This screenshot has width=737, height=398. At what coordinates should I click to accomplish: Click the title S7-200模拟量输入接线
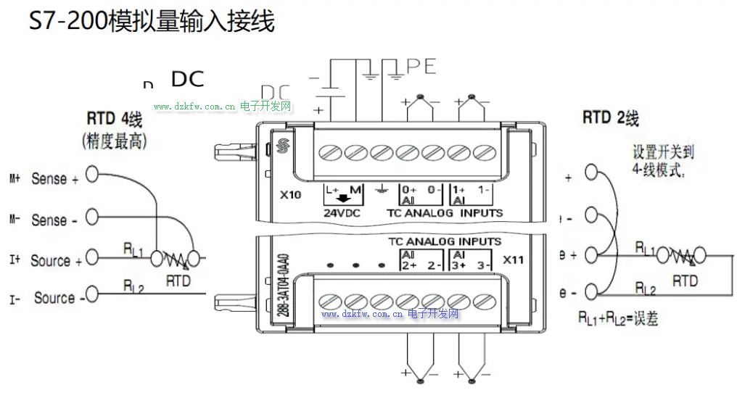point(152,22)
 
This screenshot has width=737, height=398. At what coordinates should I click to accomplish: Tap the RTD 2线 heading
point(611,117)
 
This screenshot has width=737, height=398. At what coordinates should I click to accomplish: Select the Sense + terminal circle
point(92,175)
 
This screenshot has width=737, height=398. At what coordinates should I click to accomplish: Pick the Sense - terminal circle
point(92,216)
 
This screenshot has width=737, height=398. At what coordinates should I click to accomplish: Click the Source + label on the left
point(56,260)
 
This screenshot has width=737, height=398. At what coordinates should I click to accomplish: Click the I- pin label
point(15,298)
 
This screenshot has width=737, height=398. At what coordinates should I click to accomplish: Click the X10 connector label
point(291,194)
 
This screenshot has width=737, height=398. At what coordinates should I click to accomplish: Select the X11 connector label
point(513,260)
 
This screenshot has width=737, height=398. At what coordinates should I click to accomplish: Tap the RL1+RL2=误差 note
point(617,318)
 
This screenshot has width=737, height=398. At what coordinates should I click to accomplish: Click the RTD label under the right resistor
point(685,280)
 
